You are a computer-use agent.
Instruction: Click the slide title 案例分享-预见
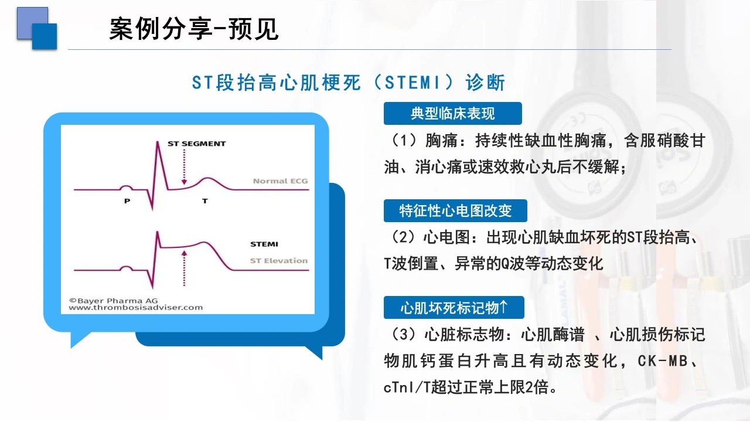(194, 29)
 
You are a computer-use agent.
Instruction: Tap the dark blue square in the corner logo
(45, 36)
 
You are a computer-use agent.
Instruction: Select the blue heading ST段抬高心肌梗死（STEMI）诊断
(349, 83)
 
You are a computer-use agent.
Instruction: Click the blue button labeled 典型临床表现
(453, 114)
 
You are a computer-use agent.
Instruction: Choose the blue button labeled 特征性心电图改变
(455, 210)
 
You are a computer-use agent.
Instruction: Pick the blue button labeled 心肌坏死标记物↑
(454, 308)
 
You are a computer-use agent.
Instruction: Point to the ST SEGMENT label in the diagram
(196, 144)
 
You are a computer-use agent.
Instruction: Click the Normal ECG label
(280, 181)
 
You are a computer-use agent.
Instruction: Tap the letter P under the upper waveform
(127, 201)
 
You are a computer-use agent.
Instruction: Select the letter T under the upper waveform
(205, 201)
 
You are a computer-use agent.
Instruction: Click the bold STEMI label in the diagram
(264, 244)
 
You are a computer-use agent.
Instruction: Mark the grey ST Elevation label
(279, 261)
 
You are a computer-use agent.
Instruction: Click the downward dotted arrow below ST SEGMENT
(184, 167)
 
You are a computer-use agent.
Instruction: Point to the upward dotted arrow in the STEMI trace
(184, 268)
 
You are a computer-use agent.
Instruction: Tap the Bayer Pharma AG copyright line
(114, 301)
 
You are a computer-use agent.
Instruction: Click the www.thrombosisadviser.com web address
(135, 308)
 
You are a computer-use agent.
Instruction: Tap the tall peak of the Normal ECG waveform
(158, 142)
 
